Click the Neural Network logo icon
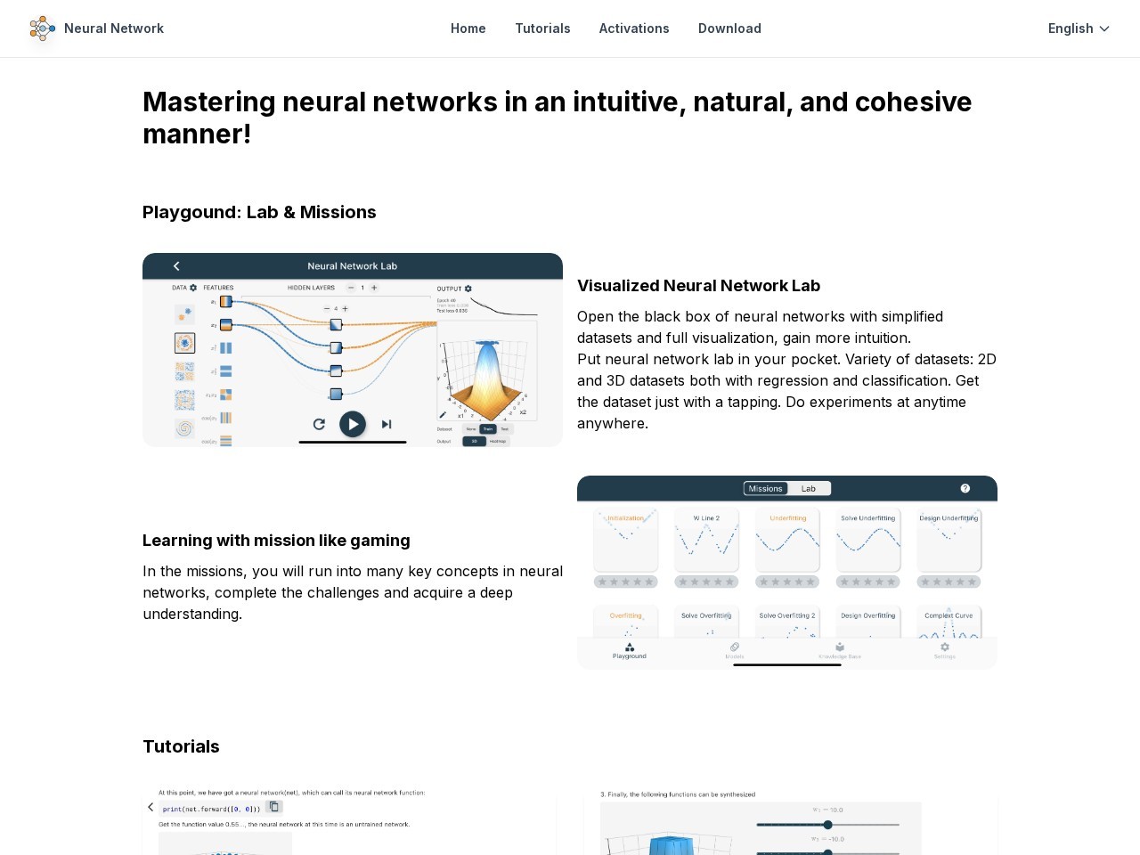point(42,28)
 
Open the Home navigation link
point(468,28)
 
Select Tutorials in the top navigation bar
point(542,28)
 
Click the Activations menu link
point(634,28)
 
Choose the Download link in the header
point(729,28)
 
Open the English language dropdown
point(1079,28)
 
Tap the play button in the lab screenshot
point(353,424)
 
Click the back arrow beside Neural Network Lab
point(176,266)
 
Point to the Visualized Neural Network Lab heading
point(698,286)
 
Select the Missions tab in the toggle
point(765,488)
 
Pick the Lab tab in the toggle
point(809,488)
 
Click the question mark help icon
point(965,488)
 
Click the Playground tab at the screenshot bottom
point(630,651)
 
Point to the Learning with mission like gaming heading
point(276,541)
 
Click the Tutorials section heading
point(181,746)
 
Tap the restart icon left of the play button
point(319,424)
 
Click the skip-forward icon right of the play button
point(387,424)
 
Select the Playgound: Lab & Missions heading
point(259,212)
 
